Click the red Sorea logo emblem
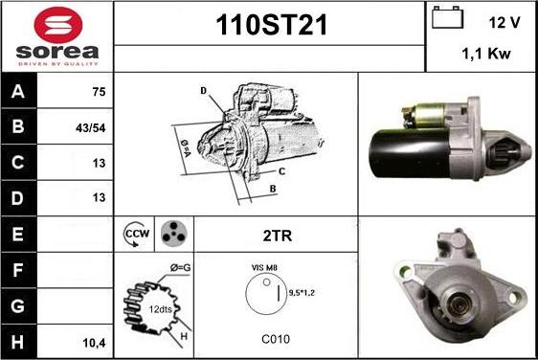[x=58, y=25]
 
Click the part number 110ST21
[x=271, y=25]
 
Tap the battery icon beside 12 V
[x=447, y=17]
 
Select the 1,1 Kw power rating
[x=486, y=54]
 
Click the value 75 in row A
[x=99, y=92]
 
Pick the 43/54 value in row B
[x=91, y=128]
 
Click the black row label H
[x=18, y=342]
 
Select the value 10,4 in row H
[x=94, y=343]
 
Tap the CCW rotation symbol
[x=136, y=234]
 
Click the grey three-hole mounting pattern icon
[x=174, y=234]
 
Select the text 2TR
[x=278, y=236]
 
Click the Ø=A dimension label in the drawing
[x=186, y=148]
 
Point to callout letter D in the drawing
[x=204, y=91]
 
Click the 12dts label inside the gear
[x=160, y=309]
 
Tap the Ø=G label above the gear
[x=181, y=268]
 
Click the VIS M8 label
[x=264, y=268]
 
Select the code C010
[x=276, y=339]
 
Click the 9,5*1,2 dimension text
[x=302, y=293]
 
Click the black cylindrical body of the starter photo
[x=410, y=154]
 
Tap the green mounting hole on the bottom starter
[x=405, y=272]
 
